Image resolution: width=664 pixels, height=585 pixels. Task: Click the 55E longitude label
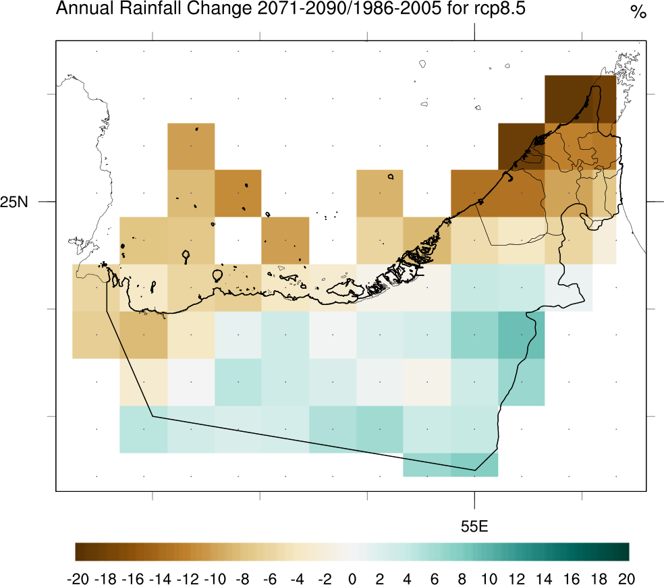pos(474,527)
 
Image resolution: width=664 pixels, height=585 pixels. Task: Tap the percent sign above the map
pos(638,12)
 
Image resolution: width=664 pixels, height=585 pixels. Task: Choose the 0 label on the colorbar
pos(352,578)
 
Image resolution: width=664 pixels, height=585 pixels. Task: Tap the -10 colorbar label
pos(214,578)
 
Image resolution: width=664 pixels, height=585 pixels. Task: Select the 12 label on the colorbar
pos(518,578)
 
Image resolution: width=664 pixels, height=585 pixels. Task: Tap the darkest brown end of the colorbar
pos(78,551)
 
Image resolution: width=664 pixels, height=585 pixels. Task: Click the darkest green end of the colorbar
pos(626,551)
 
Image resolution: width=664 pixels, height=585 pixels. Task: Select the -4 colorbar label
pos(297,578)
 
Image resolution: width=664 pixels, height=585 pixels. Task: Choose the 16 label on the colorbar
pos(573,578)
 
